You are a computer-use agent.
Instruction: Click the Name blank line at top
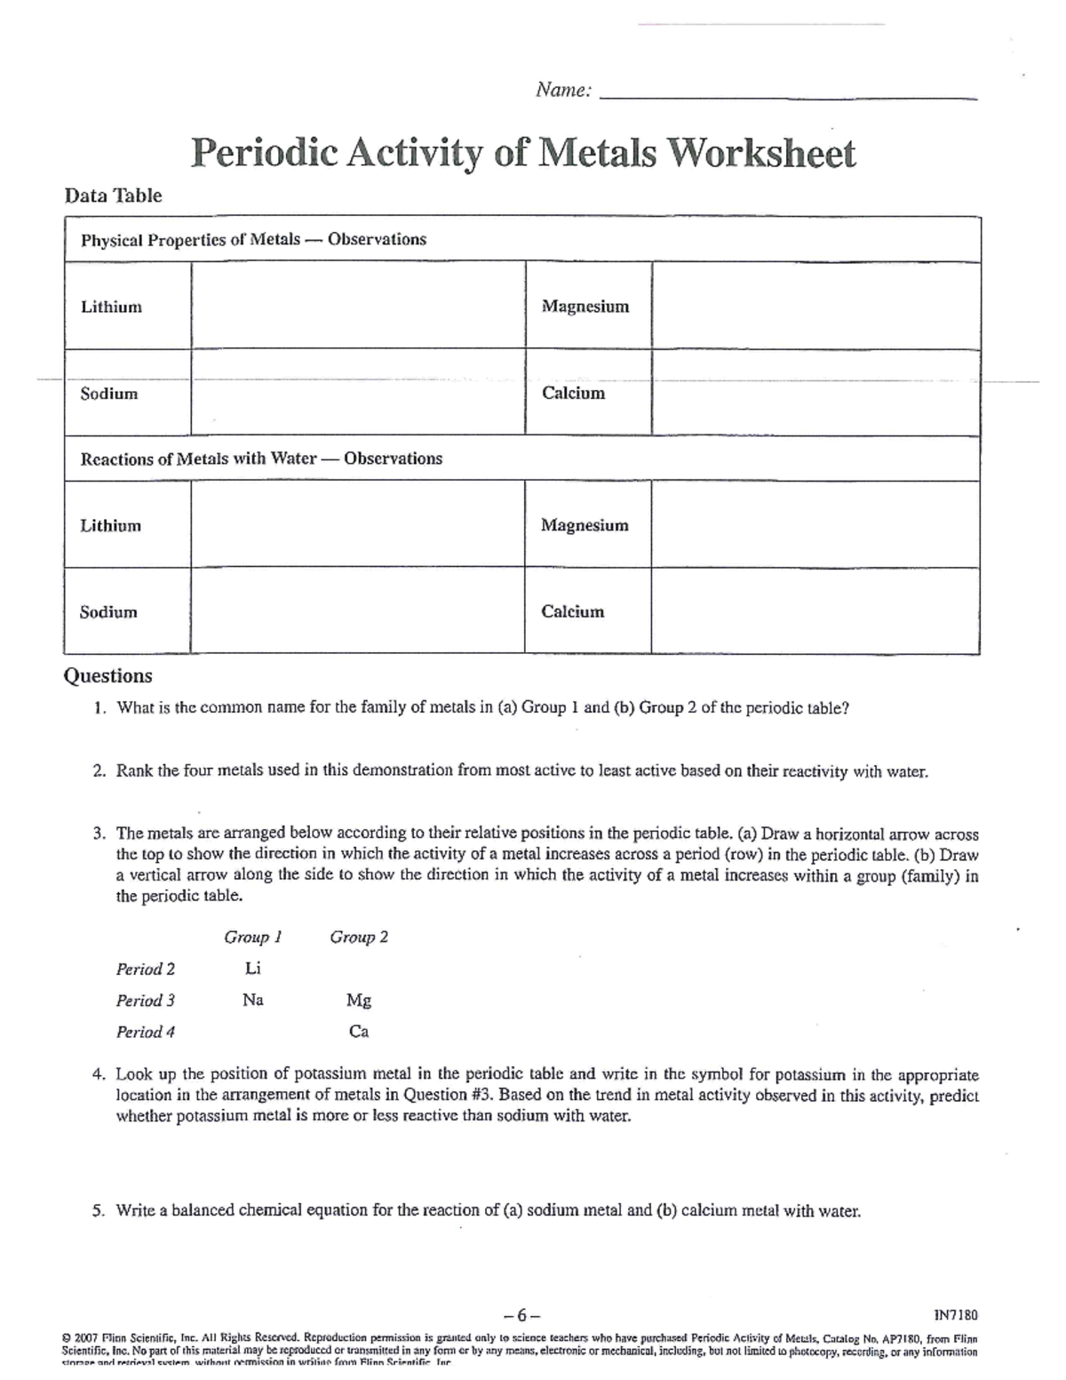pos(789,96)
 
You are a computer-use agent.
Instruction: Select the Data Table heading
pos(113,195)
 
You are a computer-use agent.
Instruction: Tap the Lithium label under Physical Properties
pos(111,307)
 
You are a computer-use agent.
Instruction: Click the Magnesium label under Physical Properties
pos(585,307)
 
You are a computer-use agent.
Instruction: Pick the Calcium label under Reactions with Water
pos(572,611)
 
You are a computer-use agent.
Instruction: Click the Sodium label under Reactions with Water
pos(108,611)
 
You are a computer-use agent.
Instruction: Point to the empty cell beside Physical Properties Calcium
pos(815,392)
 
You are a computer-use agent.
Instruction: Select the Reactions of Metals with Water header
pos(261,459)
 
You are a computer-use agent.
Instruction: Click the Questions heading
pos(107,675)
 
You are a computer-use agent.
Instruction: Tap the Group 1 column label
pos(253,937)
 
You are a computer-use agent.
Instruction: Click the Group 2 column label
pos(359,937)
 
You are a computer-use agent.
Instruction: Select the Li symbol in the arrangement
pos(253,968)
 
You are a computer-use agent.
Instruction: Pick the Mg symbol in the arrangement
pos(359,1001)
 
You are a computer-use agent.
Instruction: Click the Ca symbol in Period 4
pos(359,1032)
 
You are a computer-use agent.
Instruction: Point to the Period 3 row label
pos(146,1001)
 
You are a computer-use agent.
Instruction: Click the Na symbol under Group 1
pos(253,1001)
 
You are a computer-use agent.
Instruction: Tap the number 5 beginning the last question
pos(98,1210)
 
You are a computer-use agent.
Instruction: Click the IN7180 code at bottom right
pos(956,1314)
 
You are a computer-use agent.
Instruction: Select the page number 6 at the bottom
pos(521,1315)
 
